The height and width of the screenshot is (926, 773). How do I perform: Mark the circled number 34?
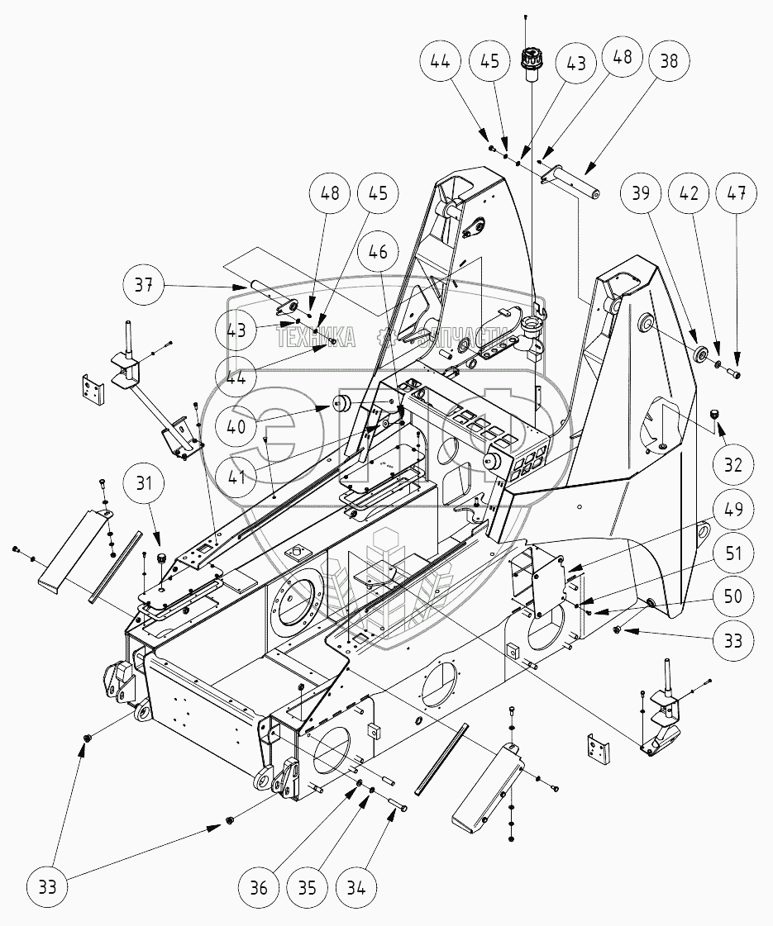pos(357,890)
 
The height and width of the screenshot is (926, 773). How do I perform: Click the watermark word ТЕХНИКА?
pos(316,337)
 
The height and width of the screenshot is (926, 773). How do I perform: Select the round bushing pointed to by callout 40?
pos(342,406)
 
